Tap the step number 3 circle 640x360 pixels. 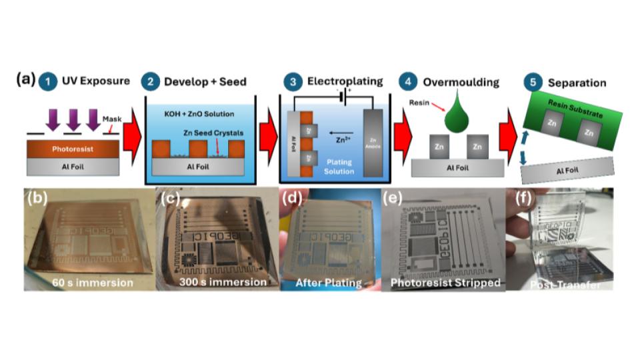pyautogui.click(x=292, y=82)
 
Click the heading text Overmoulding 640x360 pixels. pyautogui.click(x=461, y=82)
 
